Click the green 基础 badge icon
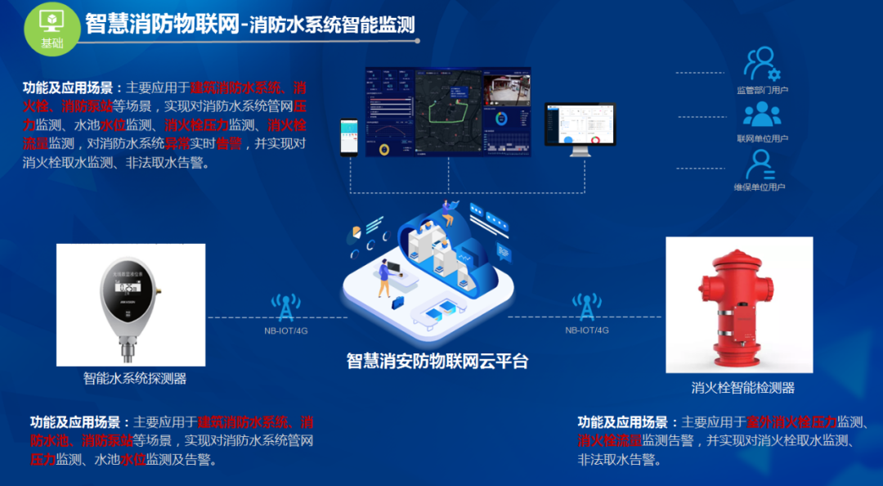[52, 28]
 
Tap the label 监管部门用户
[761, 90]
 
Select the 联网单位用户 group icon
[761, 115]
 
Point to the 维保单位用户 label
[760, 187]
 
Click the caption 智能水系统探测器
[135, 379]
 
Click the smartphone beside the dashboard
[349, 137]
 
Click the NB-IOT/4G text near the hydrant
[587, 330]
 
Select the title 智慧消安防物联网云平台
[437, 361]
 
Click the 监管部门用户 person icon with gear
[762, 63]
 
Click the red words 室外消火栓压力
[791, 422]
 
